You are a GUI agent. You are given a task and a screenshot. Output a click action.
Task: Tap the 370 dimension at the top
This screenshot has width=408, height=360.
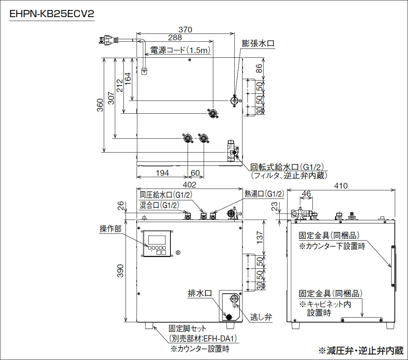(x=185, y=30)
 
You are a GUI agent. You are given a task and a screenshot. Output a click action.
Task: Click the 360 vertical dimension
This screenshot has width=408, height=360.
(x=100, y=105)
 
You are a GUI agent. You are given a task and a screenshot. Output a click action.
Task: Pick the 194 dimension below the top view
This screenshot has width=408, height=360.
(x=162, y=173)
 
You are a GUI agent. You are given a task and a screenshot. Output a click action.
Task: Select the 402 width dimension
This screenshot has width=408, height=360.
(x=189, y=185)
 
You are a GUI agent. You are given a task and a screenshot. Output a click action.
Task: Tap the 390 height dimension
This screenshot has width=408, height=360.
(x=121, y=271)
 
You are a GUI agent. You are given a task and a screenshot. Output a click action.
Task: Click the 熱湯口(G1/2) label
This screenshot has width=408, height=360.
(x=264, y=194)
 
